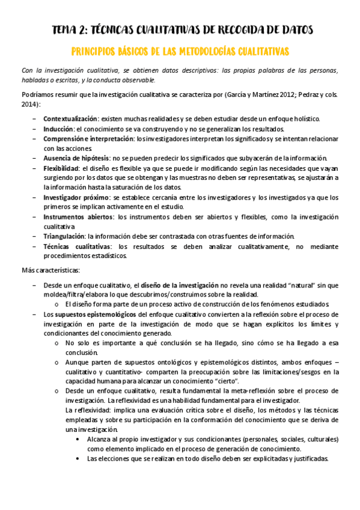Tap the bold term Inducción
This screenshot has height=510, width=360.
[x=58, y=129]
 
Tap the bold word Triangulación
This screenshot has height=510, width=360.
[x=64, y=236]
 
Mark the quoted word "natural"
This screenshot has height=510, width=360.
[x=301, y=284]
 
